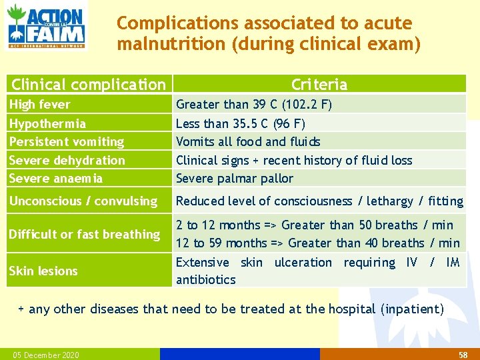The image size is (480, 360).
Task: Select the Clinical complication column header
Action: [89, 84]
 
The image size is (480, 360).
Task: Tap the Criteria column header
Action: [319, 84]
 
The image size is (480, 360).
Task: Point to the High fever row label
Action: [40, 104]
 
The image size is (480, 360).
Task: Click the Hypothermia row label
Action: [47, 123]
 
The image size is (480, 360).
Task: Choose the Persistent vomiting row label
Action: [67, 141]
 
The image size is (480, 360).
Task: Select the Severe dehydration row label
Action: [67, 160]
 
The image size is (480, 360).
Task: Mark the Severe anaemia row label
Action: [56, 178]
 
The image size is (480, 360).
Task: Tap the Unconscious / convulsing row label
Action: [83, 201]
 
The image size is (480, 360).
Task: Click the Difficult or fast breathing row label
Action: [85, 234]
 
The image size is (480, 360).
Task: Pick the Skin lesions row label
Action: [43, 271]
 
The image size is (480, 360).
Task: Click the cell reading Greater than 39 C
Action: [254, 104]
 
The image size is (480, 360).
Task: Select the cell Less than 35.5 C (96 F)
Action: [241, 123]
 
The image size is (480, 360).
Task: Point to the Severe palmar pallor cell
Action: [235, 178]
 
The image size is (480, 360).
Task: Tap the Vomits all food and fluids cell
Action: [248, 141]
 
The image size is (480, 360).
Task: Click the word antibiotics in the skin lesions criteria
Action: [206, 279]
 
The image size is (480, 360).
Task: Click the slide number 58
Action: [463, 355]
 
